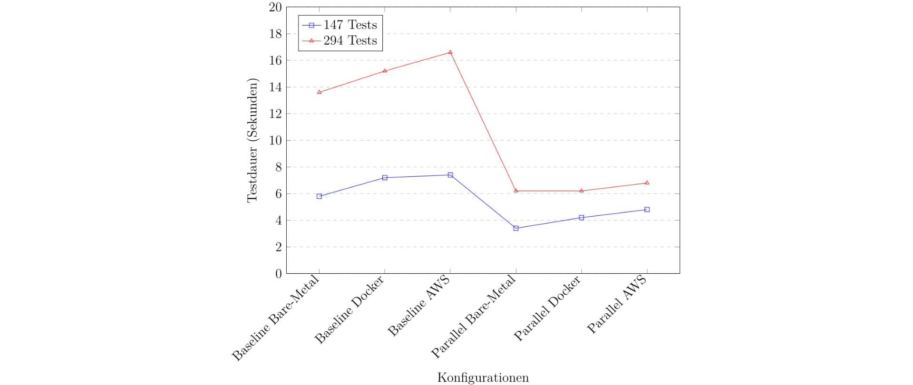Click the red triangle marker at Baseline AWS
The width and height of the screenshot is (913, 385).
click(x=450, y=52)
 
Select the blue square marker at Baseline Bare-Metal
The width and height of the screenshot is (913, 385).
click(x=319, y=196)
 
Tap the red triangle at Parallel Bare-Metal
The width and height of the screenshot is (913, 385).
click(x=516, y=191)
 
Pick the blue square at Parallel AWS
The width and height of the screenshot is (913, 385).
click(x=647, y=210)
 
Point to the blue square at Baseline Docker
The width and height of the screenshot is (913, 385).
click(x=385, y=178)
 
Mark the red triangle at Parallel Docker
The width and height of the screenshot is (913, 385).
click(x=582, y=191)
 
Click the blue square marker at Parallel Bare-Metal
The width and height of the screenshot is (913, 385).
click(x=516, y=228)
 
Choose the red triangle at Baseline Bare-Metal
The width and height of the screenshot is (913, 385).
click(x=319, y=92)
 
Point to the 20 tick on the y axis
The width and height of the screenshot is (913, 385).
click(x=275, y=7)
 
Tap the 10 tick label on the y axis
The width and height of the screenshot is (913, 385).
click(x=275, y=141)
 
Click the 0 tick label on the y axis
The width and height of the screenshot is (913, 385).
click(x=279, y=274)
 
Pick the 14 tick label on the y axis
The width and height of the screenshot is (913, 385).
click(x=275, y=87)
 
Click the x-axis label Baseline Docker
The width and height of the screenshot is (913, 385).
click(x=349, y=310)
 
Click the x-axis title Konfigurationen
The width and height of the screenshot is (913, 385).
click(x=483, y=378)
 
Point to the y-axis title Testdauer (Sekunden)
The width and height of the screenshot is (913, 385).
click(x=253, y=140)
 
